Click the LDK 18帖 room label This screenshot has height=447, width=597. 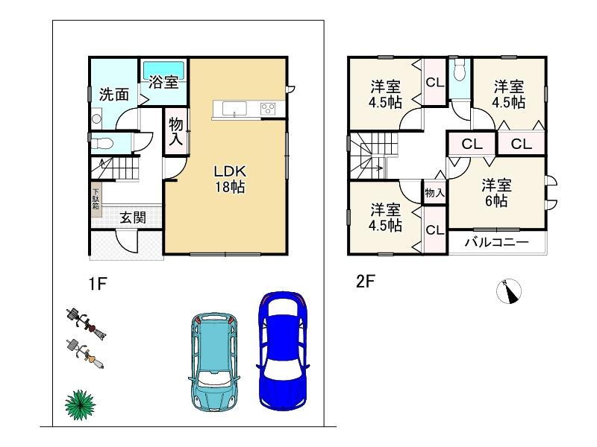pos(230,179)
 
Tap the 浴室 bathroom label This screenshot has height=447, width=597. pos(163,82)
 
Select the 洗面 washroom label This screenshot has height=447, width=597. pos(114,95)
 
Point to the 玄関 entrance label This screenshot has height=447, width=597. pos(133,218)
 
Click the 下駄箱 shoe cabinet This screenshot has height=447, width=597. pos(96,199)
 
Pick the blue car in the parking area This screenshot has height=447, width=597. pos(283,350)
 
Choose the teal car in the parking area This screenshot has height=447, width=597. pos(213,361)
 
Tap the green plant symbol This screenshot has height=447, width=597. pos(80,405)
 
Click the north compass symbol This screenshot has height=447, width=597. pos(509,291)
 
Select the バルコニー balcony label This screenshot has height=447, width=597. pos(496,242)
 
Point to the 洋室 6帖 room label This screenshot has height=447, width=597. pos(496,193)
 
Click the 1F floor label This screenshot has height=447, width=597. pos(98,284)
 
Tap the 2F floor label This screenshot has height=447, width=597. pos(366,282)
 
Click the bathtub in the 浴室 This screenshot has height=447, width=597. pos(164,70)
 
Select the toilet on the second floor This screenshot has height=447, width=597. pos(460,71)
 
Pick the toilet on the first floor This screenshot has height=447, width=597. pos(101,143)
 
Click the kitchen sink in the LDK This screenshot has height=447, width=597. pos(234,109)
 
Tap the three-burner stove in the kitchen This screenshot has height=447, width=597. pos(268,109)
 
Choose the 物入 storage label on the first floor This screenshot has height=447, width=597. pos(176,132)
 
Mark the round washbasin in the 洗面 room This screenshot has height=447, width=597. pos(96,118)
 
